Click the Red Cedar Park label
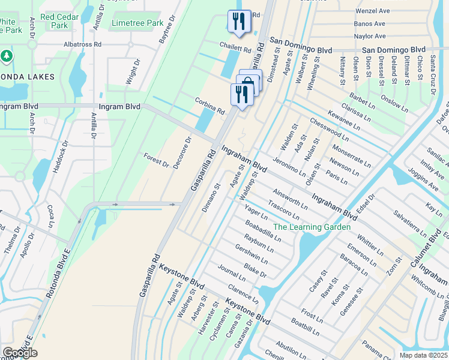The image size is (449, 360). [x=60, y=21]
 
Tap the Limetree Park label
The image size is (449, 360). [x=137, y=23]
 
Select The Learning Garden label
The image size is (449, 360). [x=312, y=227]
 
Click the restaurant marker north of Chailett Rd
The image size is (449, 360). [x=239, y=23]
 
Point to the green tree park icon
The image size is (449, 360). [x=7, y=56]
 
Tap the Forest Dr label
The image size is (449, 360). [x=157, y=160]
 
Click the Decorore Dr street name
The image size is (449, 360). [x=181, y=152]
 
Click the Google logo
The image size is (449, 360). [x=20, y=352]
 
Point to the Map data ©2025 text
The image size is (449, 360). [x=423, y=355]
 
